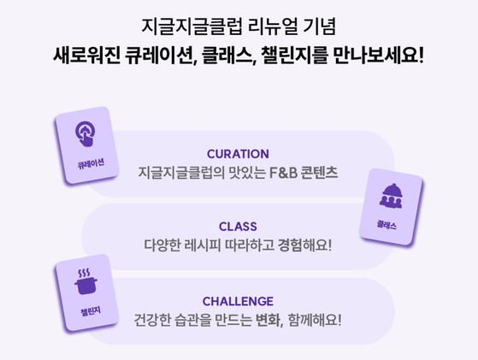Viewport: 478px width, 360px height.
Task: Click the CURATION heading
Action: point(238,154)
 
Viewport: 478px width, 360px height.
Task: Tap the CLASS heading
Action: point(238,227)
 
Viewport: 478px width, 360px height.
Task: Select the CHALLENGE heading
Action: point(238,302)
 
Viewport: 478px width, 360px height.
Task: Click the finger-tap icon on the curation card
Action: point(85,133)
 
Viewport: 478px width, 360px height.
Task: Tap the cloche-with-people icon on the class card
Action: point(391,196)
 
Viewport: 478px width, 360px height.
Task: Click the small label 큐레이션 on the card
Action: point(91,164)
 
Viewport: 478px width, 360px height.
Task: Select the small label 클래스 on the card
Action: point(387,225)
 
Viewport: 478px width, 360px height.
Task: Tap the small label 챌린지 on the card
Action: point(91,311)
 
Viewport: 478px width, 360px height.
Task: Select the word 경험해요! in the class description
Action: point(304,245)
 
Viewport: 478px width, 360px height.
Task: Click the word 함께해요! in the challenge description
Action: point(315,320)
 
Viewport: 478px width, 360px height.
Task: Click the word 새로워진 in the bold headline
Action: point(87,56)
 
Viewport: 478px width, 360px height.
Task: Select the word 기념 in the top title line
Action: point(320,27)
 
